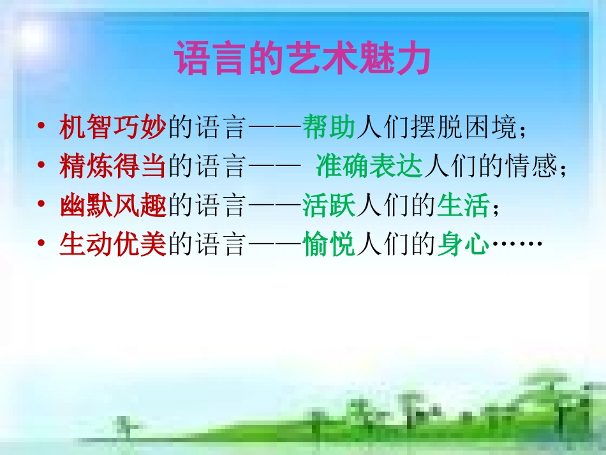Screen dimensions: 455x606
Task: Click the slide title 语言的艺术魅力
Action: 302,59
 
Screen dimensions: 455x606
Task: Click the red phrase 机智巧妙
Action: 112,128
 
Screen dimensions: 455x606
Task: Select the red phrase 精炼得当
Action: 112,167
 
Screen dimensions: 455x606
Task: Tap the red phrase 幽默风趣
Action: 112,206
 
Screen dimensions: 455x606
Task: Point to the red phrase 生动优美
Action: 112,245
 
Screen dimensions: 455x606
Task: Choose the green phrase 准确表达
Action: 369,167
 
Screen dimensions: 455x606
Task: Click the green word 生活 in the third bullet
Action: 463,206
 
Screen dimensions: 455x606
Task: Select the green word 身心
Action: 463,245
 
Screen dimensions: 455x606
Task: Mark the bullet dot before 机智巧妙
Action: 41,128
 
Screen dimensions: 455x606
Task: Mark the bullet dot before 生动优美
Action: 41,245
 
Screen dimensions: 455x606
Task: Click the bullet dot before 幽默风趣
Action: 41,206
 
